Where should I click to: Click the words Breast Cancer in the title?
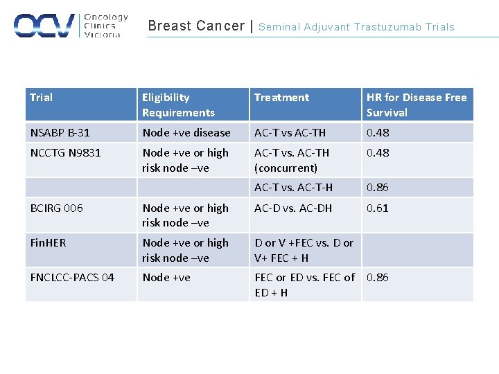[x=196, y=26]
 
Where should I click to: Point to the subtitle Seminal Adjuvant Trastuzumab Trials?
[x=356, y=27]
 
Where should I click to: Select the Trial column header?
[x=42, y=98]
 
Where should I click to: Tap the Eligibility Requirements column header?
[x=178, y=105]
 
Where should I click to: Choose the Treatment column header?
[x=281, y=98]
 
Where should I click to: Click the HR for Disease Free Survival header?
[x=416, y=105]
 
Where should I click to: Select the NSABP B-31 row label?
[x=60, y=132]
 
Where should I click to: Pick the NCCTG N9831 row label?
[x=65, y=152]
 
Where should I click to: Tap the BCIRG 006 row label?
[x=57, y=208]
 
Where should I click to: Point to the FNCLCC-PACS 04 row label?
[x=72, y=277]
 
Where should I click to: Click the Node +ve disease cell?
[x=186, y=132]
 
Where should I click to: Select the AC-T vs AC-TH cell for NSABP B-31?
[x=290, y=132]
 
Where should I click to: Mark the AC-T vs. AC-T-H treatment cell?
[x=293, y=187]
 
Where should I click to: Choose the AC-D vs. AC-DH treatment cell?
[x=293, y=208]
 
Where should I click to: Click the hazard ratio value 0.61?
[x=378, y=208]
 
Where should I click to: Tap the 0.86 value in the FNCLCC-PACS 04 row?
[x=378, y=277]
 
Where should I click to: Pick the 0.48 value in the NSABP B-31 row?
[x=378, y=132]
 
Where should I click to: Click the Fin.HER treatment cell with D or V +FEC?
[x=304, y=250]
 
